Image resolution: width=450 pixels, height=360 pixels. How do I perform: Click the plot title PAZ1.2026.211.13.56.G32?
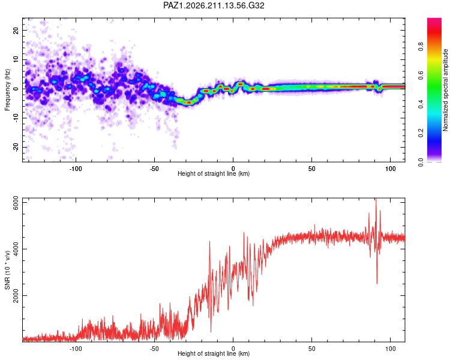tap(214, 5)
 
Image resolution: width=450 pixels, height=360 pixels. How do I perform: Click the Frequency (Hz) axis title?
tap(7, 90)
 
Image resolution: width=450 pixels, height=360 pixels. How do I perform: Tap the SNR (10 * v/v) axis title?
tap(7, 270)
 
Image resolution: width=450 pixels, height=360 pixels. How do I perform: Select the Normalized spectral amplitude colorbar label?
tap(445, 90)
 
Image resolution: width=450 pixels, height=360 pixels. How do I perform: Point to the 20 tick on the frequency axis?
tap(16, 30)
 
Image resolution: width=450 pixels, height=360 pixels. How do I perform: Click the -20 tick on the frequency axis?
tap(16, 147)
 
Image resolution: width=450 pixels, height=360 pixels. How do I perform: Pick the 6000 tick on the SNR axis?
tap(16, 203)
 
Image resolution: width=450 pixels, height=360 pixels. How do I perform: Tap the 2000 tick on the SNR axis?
tap(16, 295)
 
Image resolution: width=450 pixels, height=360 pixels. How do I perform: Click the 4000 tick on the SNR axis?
tap(16, 249)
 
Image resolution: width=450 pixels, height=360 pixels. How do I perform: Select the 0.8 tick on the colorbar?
tap(421, 47)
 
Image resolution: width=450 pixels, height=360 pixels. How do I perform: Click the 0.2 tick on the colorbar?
tap(421, 133)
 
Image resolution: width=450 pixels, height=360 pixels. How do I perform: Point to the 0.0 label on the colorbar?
tap(421, 162)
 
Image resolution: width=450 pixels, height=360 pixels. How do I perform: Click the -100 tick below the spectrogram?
tap(76, 169)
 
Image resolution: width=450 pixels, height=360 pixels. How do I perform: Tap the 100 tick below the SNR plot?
tap(391, 349)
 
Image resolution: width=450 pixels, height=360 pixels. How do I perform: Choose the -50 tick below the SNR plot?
tap(154, 349)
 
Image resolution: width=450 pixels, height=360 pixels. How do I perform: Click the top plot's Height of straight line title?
tap(214, 173)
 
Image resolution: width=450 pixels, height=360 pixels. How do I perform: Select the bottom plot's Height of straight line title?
tap(214, 353)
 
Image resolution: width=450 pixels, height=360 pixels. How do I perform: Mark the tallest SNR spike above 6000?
tap(376, 199)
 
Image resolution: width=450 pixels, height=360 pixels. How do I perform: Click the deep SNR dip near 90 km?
tap(377, 283)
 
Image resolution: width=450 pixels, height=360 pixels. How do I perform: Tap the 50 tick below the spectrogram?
tap(311, 169)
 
